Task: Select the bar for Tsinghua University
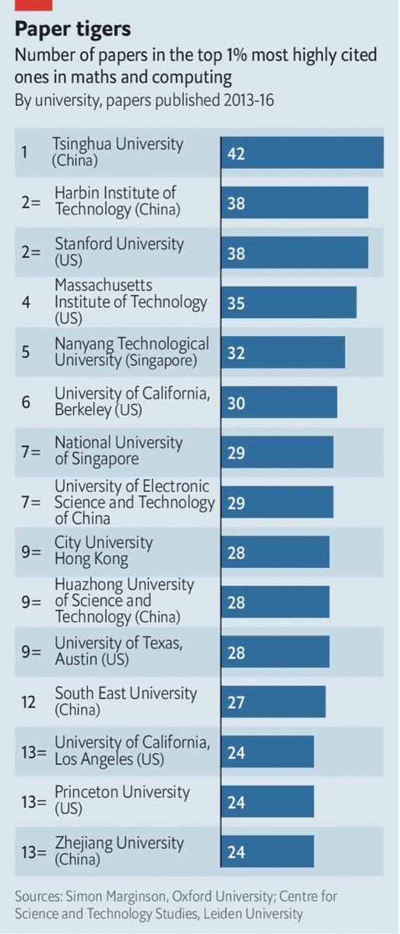(x=302, y=153)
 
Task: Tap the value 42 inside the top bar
(x=236, y=153)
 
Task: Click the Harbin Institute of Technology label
(x=117, y=201)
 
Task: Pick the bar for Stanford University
(x=294, y=252)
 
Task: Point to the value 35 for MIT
(x=236, y=303)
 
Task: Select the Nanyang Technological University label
(x=132, y=352)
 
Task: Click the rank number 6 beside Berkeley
(x=25, y=402)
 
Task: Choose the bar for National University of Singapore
(x=277, y=452)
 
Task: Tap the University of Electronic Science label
(x=134, y=502)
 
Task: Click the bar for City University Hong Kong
(x=275, y=552)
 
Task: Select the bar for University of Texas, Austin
(x=275, y=651)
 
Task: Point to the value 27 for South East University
(x=236, y=701)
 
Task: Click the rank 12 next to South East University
(x=27, y=701)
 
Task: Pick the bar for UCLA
(x=267, y=751)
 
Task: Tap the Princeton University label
(x=121, y=800)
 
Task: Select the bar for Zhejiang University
(x=267, y=851)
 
